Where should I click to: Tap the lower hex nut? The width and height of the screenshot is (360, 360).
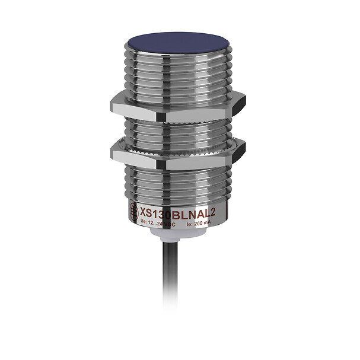point(172,153)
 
